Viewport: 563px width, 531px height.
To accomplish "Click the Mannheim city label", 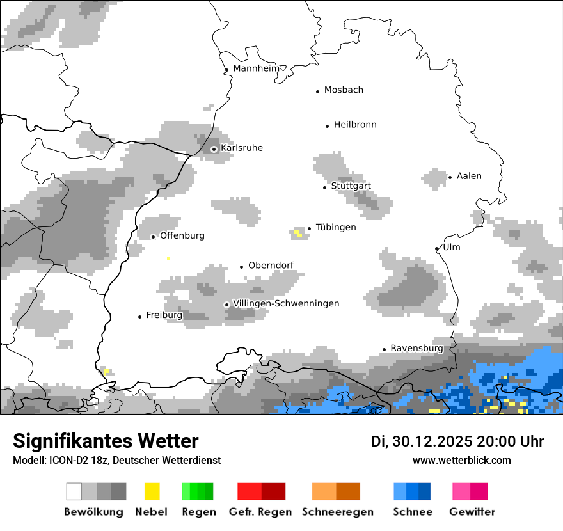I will (x=257, y=68).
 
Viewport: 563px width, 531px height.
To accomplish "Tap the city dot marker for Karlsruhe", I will (x=214, y=149).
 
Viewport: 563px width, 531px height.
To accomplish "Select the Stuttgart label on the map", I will (x=351, y=186).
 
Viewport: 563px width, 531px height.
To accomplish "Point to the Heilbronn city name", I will (x=355, y=125).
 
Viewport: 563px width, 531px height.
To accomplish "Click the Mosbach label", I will (x=344, y=90).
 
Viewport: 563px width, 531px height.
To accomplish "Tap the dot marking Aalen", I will (x=450, y=177).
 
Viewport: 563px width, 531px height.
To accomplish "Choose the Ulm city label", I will (x=451, y=248).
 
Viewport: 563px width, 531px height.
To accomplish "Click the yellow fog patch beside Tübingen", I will (x=297, y=233).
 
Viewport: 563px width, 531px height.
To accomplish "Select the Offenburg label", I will (x=182, y=236).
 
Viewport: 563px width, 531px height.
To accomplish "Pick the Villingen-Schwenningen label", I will (x=286, y=304).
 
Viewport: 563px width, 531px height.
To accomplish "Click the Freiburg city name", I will (x=164, y=315).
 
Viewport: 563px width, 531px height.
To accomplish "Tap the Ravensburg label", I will (x=416, y=349).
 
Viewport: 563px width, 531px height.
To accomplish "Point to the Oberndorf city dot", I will (x=241, y=267).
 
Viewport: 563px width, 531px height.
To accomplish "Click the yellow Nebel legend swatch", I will (x=152, y=491).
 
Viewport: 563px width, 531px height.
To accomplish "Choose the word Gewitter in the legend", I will (x=472, y=512).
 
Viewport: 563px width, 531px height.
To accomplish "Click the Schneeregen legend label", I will (x=337, y=512).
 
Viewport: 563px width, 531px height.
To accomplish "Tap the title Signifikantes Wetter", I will (x=106, y=441).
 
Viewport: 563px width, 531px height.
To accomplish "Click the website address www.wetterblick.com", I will (x=461, y=461).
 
